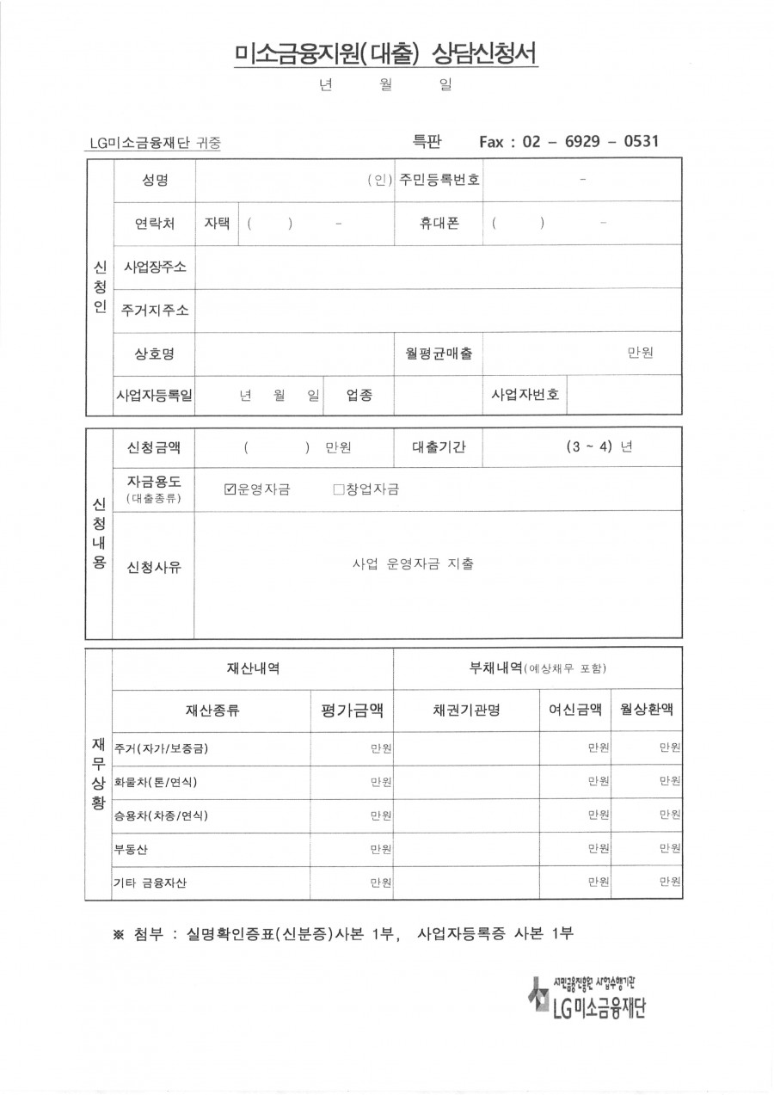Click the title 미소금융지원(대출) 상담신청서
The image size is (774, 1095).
tap(386, 55)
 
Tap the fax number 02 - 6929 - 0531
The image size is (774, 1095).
tap(585, 141)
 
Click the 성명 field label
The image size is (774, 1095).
tap(154, 181)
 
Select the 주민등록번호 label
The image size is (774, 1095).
tap(439, 181)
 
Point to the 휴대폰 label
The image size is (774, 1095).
tap(439, 223)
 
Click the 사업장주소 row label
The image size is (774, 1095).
tap(155, 266)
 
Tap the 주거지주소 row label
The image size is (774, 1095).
tap(155, 310)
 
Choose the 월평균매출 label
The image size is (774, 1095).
tap(439, 353)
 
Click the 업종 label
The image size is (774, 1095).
tap(359, 395)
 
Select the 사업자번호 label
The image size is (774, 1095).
tap(525, 395)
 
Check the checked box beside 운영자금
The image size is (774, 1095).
tap(230, 489)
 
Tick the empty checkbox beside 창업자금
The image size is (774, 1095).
tap(338, 489)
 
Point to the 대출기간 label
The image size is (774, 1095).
tap(439, 447)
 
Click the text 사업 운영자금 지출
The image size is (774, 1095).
tap(413, 564)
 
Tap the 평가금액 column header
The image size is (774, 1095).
tap(352, 711)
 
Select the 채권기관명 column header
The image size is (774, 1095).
tap(465, 711)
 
